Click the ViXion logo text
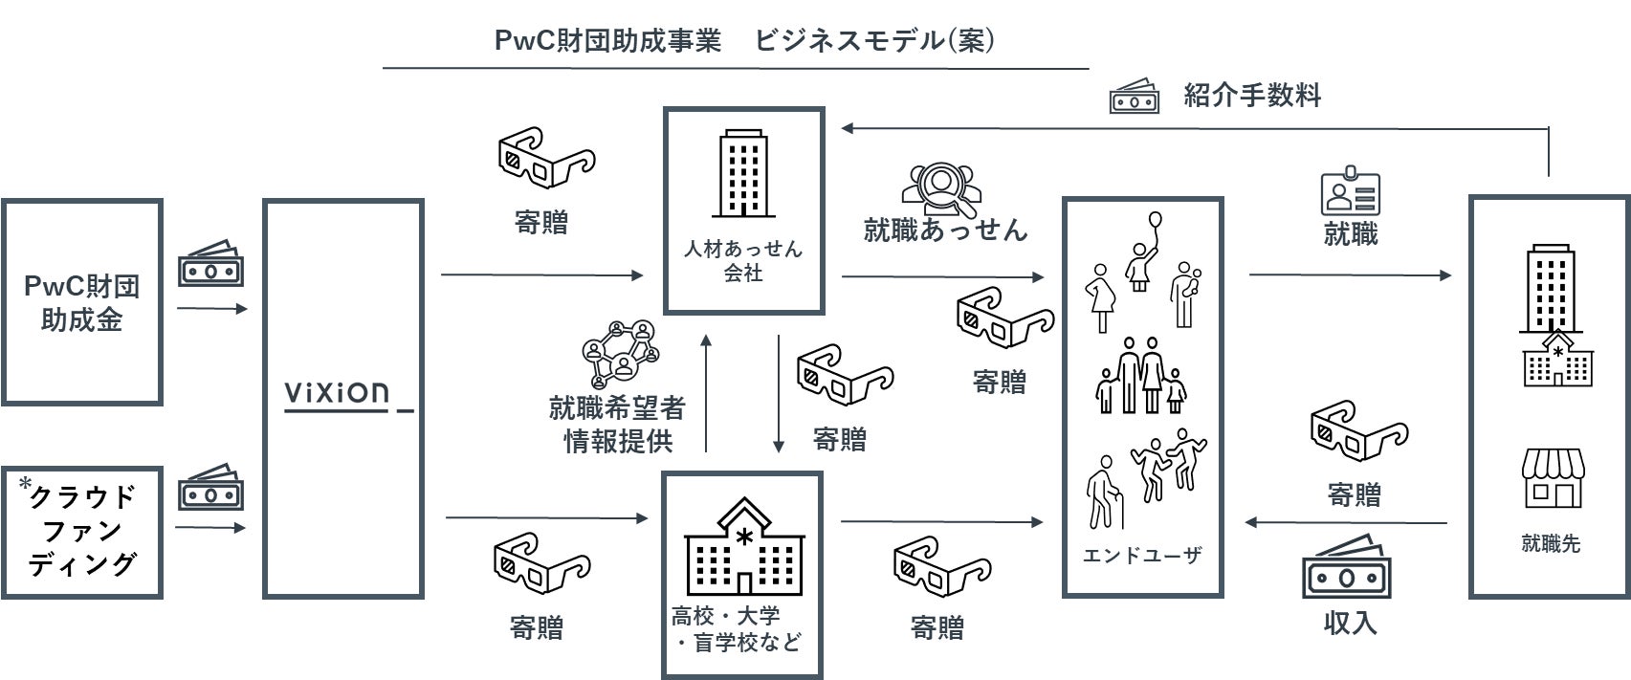tap(337, 393)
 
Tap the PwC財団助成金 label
tap(81, 303)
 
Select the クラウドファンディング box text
tap(81, 529)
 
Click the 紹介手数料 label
tap(1251, 96)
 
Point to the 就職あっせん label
tap(945, 230)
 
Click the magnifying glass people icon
tap(941, 189)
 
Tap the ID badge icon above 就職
tap(1350, 190)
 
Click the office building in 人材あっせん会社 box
tap(743, 173)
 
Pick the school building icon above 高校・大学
tap(744, 546)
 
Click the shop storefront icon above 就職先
tap(1554, 478)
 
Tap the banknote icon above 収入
tap(1347, 568)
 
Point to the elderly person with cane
tap(1105, 493)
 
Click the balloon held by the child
tap(1155, 221)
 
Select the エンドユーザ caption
tap(1142, 556)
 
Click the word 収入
tap(1350, 624)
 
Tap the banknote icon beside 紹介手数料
tap(1135, 96)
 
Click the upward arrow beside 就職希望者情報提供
tap(706, 393)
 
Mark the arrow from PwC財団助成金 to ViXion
tap(211, 309)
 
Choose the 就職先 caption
tap(1551, 543)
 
